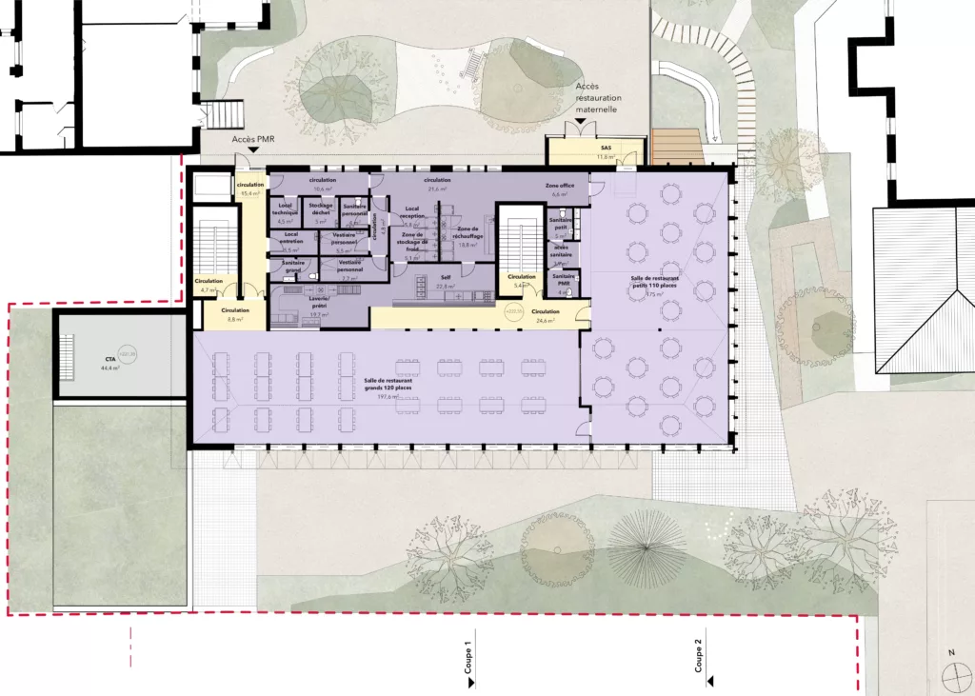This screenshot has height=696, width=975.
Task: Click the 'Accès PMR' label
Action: click(253, 139)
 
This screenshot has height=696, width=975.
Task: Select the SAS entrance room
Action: click(580, 151)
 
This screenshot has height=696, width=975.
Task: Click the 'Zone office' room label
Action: click(559, 185)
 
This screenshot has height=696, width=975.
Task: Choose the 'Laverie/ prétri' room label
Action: click(318, 302)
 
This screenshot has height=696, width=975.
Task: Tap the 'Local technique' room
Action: click(285, 211)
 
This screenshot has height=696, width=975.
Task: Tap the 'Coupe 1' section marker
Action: click(469, 658)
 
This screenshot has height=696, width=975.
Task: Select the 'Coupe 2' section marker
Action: click(699, 656)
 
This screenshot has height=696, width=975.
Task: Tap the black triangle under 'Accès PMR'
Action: click(253, 150)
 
